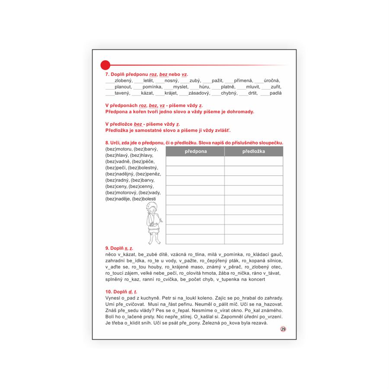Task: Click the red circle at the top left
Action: click(x=105, y=65)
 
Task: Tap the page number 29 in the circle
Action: click(x=283, y=329)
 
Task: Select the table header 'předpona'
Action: click(x=196, y=151)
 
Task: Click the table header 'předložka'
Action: click(x=254, y=151)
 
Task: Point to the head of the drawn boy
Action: click(x=153, y=209)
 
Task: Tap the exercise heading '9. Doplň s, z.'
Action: click(x=119, y=249)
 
